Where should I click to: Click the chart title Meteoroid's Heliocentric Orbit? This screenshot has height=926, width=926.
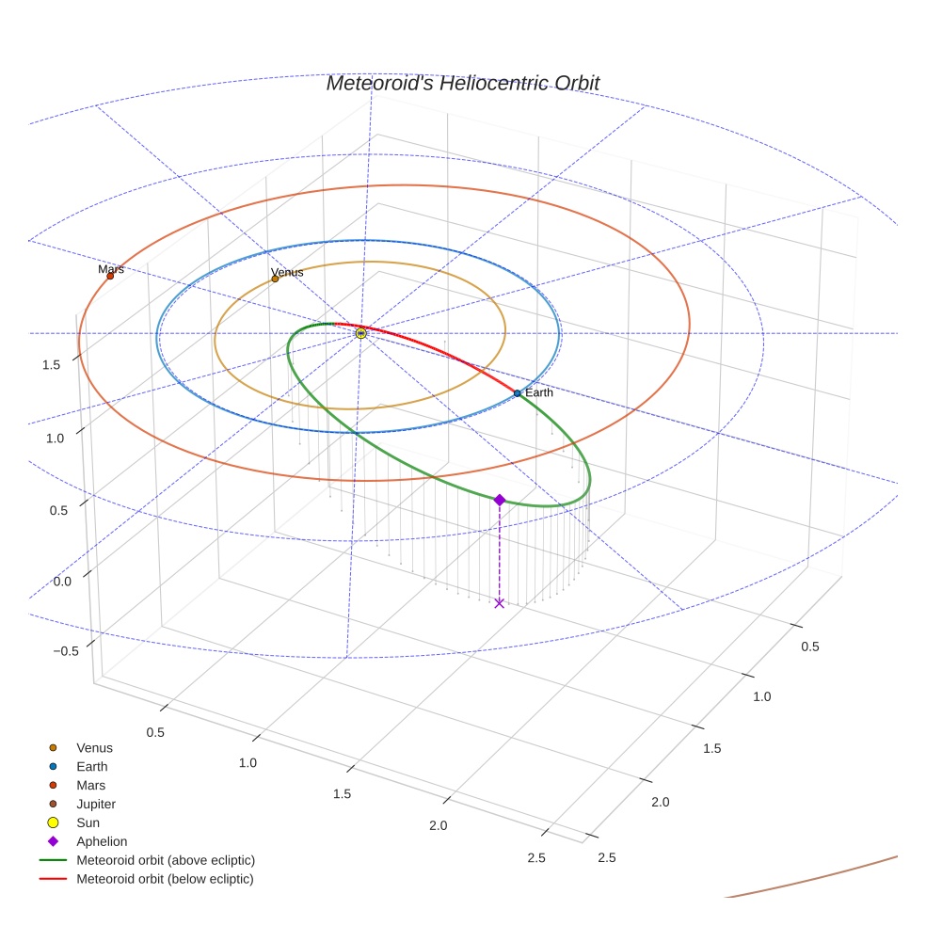click(x=462, y=83)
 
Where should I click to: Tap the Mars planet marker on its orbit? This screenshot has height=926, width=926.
click(x=110, y=276)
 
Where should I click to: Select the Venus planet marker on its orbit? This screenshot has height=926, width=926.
click(x=275, y=279)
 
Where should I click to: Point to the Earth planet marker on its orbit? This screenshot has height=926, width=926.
click(x=518, y=392)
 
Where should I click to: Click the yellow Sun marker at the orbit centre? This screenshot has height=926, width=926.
click(x=361, y=333)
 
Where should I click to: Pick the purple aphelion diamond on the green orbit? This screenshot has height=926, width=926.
click(x=500, y=500)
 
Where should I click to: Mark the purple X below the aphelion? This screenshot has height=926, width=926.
click(x=500, y=603)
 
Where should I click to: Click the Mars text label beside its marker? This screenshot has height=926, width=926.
click(x=111, y=269)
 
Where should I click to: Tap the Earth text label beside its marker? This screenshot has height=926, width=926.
click(x=539, y=392)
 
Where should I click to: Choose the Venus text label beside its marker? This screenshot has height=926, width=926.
click(x=287, y=272)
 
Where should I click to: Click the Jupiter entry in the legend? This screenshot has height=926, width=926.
click(x=96, y=804)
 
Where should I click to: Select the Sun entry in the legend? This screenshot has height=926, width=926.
click(x=89, y=822)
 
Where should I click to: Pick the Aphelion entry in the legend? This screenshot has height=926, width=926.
click(x=102, y=841)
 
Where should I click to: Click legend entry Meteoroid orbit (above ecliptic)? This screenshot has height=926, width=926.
click(x=166, y=860)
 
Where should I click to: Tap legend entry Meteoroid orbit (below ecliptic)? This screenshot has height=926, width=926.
click(x=165, y=879)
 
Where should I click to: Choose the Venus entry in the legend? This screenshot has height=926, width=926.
click(x=94, y=747)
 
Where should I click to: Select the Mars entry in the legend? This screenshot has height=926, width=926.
click(x=90, y=785)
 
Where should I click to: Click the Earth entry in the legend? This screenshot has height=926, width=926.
click(x=91, y=766)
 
